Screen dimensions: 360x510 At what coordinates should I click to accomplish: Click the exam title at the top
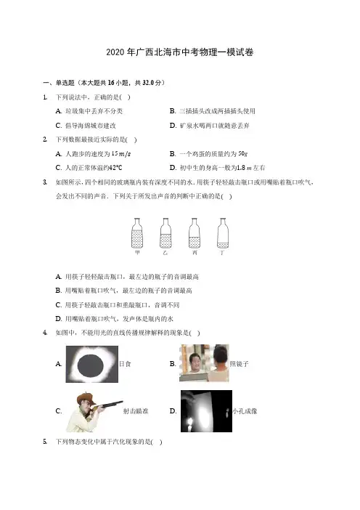point(180,52)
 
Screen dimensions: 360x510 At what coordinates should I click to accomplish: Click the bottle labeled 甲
point(137,233)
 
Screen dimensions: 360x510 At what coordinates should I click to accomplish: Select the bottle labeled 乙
point(165,233)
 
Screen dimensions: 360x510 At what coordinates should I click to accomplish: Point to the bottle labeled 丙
point(195,233)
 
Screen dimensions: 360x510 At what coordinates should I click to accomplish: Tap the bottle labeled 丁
point(223,233)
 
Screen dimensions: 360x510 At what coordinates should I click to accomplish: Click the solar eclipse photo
point(92,364)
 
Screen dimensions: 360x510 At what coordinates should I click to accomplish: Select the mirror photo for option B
point(204,363)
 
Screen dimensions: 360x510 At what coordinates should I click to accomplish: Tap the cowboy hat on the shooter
point(86,398)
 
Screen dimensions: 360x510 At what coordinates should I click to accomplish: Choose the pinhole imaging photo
point(206,411)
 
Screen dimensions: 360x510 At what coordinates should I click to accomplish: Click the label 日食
point(125,364)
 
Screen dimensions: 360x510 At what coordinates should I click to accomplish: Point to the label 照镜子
point(239,364)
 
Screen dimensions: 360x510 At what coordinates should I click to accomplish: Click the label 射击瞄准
point(136,411)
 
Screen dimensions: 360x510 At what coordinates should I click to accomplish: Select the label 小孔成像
point(245,411)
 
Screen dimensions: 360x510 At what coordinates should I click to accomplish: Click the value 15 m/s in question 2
point(121,154)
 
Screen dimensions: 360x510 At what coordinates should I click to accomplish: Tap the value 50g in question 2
point(243,154)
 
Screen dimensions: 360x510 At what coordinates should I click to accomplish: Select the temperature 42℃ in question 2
point(115,168)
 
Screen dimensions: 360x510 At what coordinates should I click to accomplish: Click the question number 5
point(45,442)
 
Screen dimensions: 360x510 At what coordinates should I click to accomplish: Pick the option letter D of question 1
point(173,126)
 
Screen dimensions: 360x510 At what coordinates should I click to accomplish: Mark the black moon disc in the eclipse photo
point(91,365)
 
